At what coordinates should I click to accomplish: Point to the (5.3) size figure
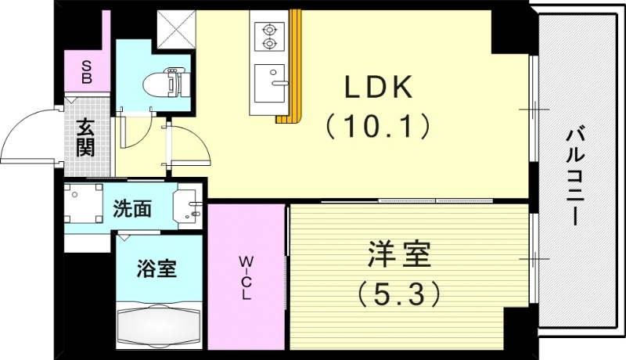click(399, 293)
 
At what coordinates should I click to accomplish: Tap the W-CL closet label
click(245, 276)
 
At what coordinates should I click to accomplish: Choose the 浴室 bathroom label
click(156, 268)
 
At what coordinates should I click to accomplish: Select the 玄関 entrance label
click(85, 137)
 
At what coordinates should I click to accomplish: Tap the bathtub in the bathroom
click(160, 325)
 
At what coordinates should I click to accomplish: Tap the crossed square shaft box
click(175, 29)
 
